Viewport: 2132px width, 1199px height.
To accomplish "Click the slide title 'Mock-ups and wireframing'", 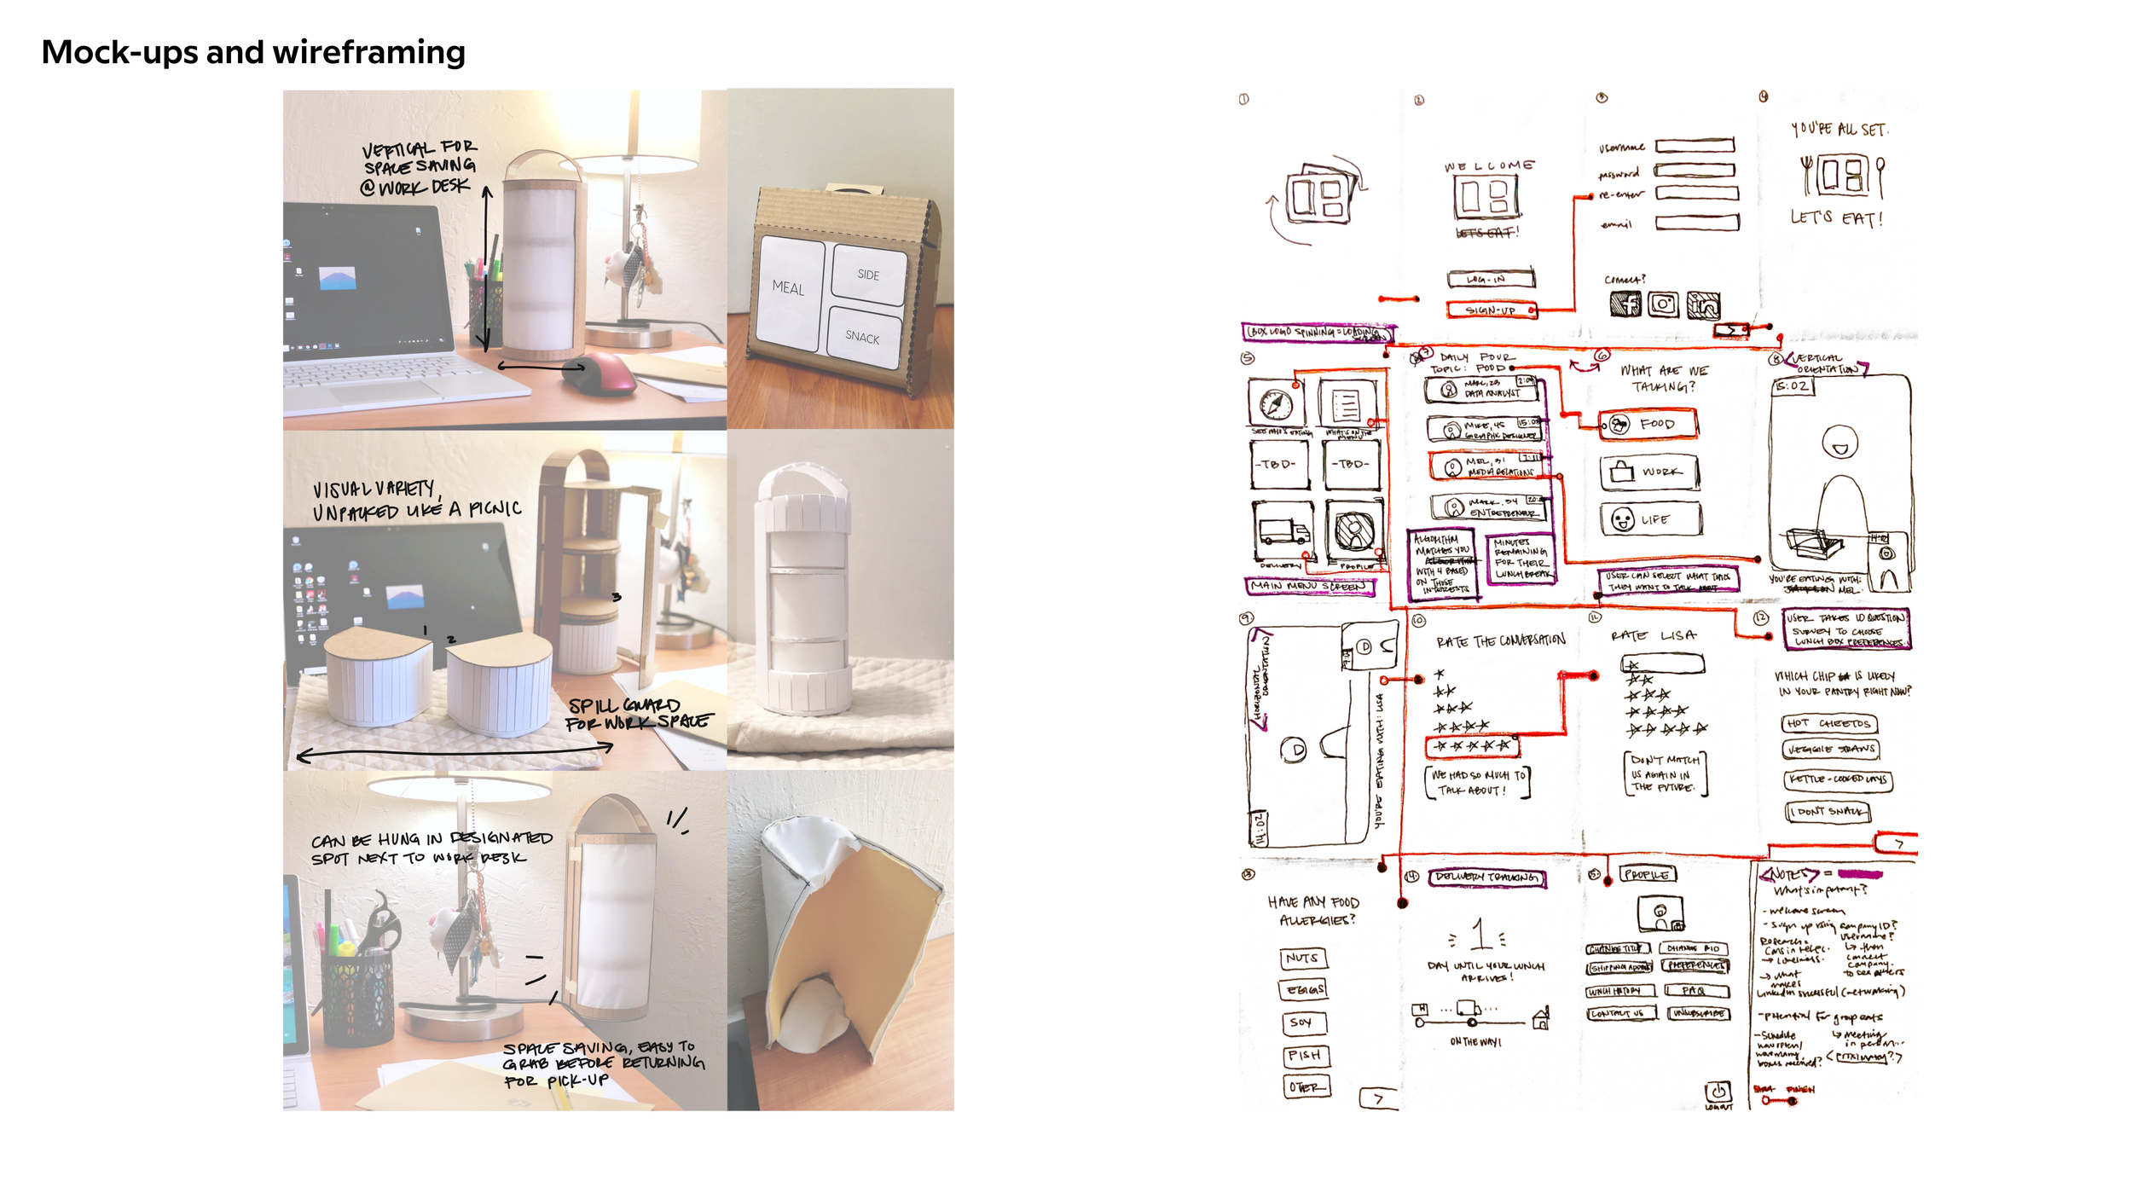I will coord(253,53).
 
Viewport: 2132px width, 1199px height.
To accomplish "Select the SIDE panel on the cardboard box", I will coord(868,275).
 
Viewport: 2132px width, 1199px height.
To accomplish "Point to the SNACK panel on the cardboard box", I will coord(863,338).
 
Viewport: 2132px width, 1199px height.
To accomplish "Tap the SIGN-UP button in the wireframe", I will coord(1490,310).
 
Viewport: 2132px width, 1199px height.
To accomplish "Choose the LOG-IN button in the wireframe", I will coord(1490,279).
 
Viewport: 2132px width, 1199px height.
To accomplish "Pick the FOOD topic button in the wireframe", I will coord(1648,424).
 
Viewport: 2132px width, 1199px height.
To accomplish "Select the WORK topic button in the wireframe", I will coord(1649,472).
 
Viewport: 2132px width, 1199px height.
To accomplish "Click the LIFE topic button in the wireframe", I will coord(1650,519).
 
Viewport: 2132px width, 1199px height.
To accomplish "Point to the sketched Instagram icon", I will coord(1663,304).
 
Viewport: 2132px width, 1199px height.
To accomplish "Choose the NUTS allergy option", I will coord(1303,959).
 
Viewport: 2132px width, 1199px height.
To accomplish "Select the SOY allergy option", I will coord(1303,1022).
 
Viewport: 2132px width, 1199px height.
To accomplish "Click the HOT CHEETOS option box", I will coord(1830,724).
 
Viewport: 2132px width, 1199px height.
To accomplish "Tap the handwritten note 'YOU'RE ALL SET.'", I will coord(1839,130).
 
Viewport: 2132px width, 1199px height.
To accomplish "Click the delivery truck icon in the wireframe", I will coord(1282,530).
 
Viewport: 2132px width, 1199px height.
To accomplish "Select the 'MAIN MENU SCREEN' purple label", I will coord(1309,587).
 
